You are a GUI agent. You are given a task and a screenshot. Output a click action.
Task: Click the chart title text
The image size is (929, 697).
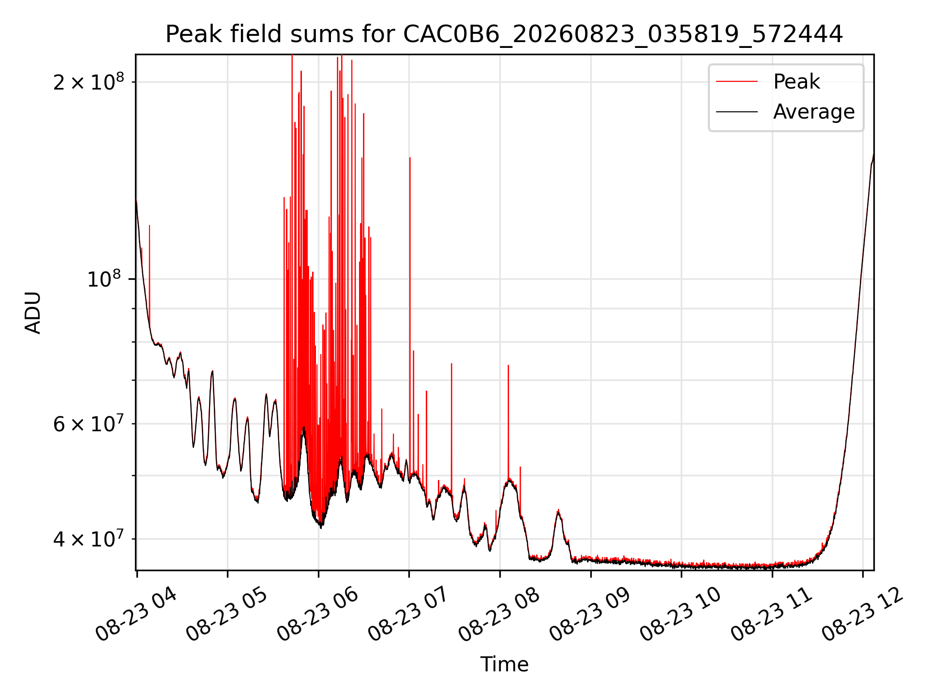tap(504, 34)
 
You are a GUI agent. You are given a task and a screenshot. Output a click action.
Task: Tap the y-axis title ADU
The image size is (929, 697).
tap(33, 313)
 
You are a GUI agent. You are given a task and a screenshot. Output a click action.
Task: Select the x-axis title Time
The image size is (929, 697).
tap(504, 664)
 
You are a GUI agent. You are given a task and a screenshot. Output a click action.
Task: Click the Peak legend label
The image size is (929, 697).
tap(796, 82)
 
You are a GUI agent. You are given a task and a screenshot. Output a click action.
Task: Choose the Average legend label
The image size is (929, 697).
tap(814, 112)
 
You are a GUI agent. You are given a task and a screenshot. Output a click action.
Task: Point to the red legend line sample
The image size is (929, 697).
tap(737, 82)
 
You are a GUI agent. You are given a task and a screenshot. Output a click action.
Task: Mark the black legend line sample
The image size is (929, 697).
tap(737, 112)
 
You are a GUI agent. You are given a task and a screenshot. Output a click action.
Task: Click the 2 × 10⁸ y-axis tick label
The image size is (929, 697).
tap(89, 82)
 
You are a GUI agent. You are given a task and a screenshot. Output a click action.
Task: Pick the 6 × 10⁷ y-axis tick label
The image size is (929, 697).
tap(89, 424)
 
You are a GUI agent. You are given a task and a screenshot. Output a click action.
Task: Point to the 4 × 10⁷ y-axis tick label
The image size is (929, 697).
tap(89, 538)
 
